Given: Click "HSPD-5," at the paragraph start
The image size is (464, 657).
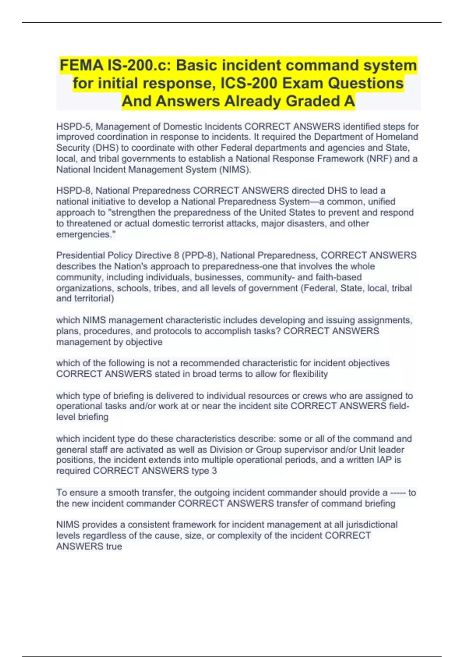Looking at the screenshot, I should pos(75,127).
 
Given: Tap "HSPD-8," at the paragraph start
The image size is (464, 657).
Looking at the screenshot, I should pos(75,191).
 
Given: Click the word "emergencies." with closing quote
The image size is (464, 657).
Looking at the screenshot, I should pos(86,235).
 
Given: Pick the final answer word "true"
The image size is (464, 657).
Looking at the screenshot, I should pos(114,546).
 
